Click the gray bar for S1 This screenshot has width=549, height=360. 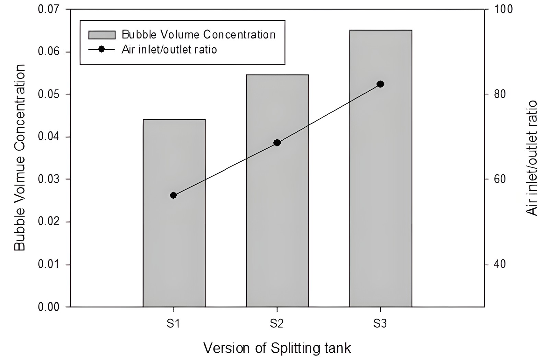174,213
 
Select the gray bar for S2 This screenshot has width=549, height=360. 278,191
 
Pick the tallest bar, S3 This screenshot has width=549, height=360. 381,169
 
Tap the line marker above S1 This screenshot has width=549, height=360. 173,195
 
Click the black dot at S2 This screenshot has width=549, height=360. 277,143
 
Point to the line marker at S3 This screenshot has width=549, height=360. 381,84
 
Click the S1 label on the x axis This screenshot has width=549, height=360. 173,324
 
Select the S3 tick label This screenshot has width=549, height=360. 380,324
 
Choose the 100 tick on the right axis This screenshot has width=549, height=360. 503,9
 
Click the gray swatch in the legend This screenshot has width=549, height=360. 102,35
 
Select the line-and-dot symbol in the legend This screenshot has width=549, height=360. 102,49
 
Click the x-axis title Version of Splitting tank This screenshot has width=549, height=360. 277,348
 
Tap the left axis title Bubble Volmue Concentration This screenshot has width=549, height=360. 20,158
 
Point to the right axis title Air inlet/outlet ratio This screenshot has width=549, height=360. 532,158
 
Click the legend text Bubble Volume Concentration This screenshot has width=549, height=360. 199,35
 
